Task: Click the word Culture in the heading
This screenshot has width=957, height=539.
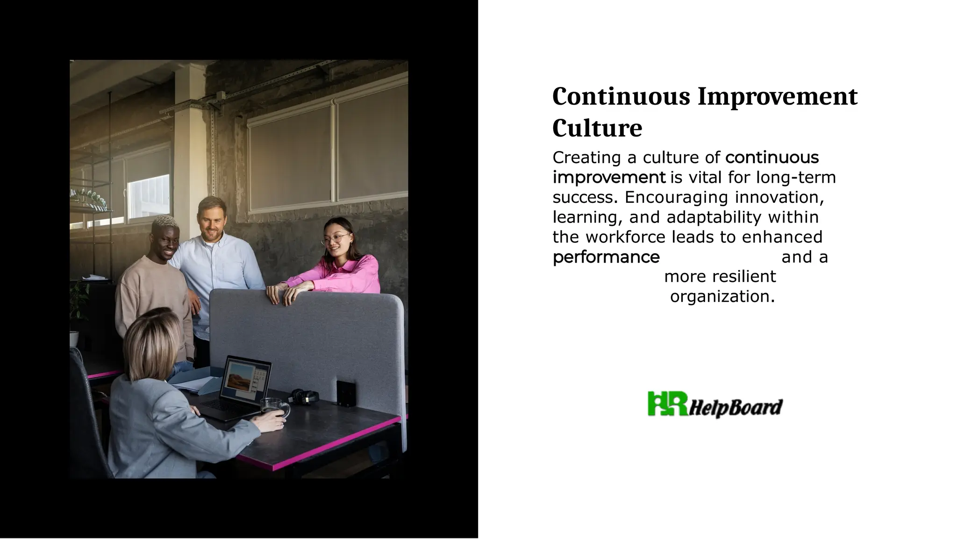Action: pyautogui.click(x=597, y=128)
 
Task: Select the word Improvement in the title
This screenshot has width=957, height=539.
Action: pyautogui.click(x=778, y=96)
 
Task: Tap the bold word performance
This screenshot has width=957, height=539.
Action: pyautogui.click(x=606, y=257)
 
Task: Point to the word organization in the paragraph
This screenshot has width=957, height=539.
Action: pyautogui.click(x=722, y=296)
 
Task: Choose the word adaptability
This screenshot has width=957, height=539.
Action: pyautogui.click(x=714, y=217)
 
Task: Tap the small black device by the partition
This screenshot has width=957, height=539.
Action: pyautogui.click(x=346, y=393)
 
